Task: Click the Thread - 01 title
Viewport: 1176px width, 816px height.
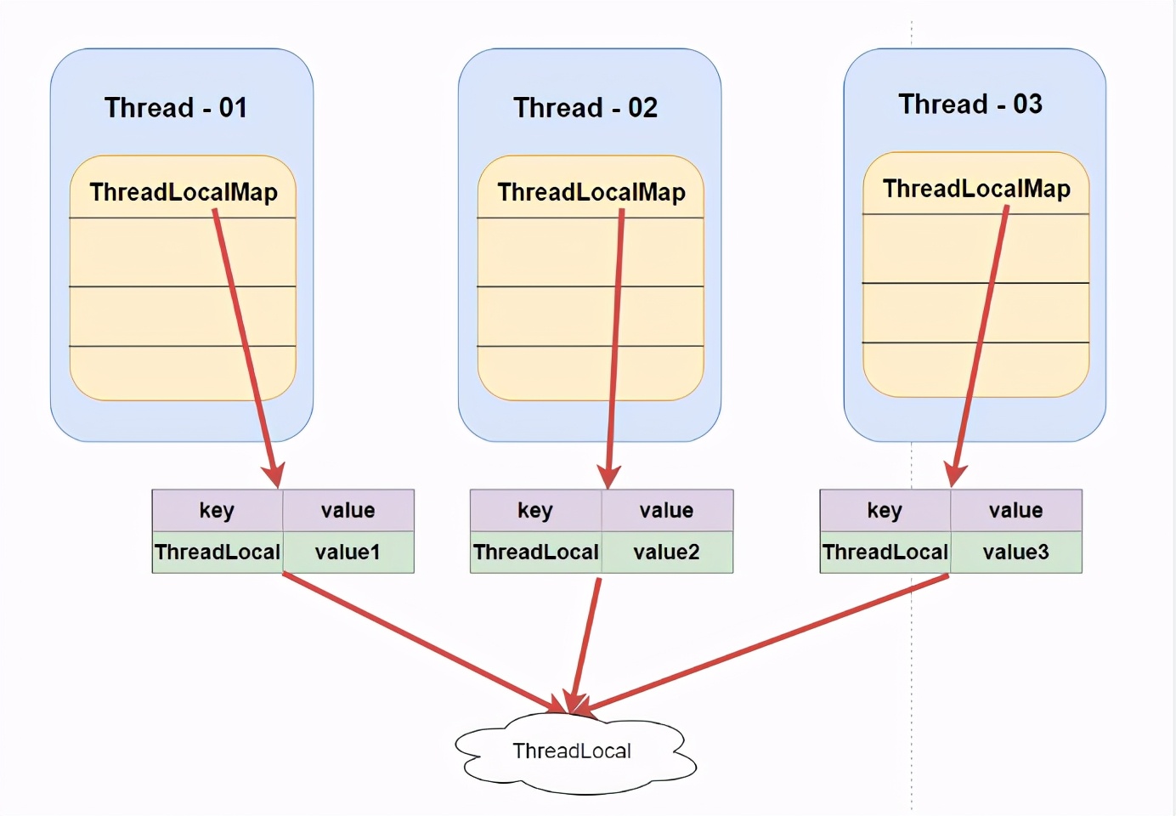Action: point(176,108)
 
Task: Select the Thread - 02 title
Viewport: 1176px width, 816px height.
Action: point(585,108)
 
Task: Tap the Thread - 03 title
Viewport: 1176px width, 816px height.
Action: point(970,105)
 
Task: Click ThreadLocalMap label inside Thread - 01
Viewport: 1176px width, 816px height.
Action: point(184,192)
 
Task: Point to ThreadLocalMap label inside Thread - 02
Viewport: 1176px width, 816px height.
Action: point(591,192)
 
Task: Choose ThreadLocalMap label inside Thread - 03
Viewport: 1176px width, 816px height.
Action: point(976,189)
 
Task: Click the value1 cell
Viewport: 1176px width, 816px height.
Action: point(348,552)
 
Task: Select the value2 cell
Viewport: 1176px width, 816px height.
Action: point(666,552)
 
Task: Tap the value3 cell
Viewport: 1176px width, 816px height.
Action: point(1015,552)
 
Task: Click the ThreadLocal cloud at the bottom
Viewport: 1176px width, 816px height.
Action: point(572,751)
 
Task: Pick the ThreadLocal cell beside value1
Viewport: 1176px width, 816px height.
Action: point(218,552)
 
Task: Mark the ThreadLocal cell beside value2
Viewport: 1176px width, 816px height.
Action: point(536,552)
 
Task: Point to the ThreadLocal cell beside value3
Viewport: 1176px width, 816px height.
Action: point(885,552)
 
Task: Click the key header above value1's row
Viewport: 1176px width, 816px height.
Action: point(217,510)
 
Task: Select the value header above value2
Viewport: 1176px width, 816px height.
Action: point(666,510)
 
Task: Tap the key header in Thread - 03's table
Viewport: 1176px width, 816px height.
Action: point(885,510)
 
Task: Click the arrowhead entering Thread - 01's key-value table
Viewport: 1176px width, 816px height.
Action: point(274,474)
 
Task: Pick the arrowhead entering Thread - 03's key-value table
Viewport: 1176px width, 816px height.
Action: point(956,474)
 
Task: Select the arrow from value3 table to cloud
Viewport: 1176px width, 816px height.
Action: point(765,643)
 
